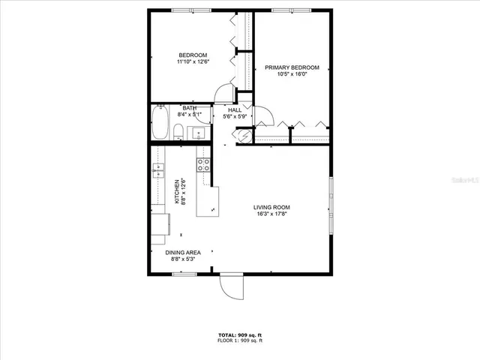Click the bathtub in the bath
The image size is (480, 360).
coord(159,124)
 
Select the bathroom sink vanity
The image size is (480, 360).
coord(198,133)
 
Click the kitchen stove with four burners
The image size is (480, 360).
coord(203,165)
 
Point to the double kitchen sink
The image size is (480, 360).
coord(158,172)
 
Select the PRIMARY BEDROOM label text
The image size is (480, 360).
coord(292,67)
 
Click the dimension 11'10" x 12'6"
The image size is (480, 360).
coord(193,61)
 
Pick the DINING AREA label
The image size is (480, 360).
coord(183,252)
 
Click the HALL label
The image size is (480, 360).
coord(235,109)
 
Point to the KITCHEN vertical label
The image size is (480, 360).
coord(177,191)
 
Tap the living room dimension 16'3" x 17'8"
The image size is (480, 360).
coord(271,214)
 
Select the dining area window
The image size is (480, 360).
coord(184,274)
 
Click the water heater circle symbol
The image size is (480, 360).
coord(243,136)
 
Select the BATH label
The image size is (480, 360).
coord(190,108)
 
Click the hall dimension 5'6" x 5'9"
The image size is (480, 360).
coord(235,116)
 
